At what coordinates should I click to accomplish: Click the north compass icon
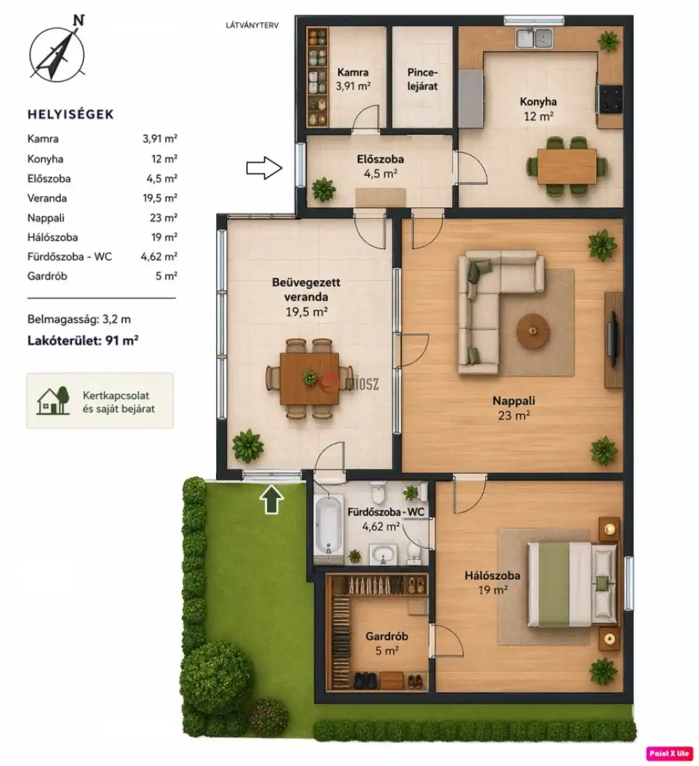pyautogui.click(x=57, y=51)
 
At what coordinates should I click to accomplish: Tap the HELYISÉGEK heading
pyautogui.click(x=71, y=115)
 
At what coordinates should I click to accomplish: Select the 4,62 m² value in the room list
pyautogui.click(x=159, y=256)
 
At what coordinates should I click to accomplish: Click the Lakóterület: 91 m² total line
pyautogui.click(x=82, y=341)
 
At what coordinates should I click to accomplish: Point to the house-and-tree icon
pyautogui.click(x=53, y=401)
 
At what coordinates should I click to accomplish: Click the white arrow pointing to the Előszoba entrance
pyautogui.click(x=264, y=168)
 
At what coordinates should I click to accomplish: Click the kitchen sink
pyautogui.click(x=535, y=38)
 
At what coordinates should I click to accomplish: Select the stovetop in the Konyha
pyautogui.click(x=610, y=99)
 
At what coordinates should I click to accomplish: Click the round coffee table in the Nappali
pyautogui.click(x=533, y=331)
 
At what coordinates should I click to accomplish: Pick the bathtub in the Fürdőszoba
pyautogui.click(x=329, y=524)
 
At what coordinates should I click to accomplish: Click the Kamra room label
pyautogui.click(x=353, y=73)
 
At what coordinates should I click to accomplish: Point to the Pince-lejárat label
pyautogui.click(x=422, y=80)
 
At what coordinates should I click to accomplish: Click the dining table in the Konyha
pyautogui.click(x=567, y=166)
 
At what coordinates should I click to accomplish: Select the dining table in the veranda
pyautogui.click(x=309, y=378)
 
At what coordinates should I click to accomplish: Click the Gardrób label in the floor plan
pyautogui.click(x=387, y=637)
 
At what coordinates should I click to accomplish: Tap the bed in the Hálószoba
pyautogui.click(x=572, y=584)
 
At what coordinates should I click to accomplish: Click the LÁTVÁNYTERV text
pyautogui.click(x=252, y=25)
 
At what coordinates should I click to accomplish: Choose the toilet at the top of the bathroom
pyautogui.click(x=378, y=492)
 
